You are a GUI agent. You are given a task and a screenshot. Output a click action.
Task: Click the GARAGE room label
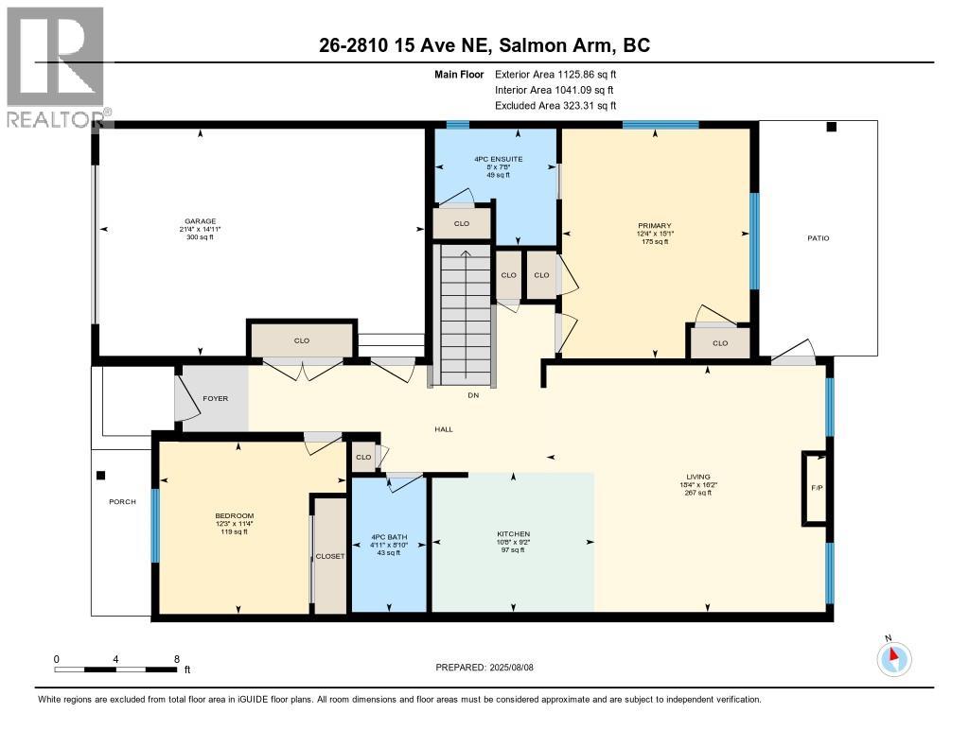tap(201, 221)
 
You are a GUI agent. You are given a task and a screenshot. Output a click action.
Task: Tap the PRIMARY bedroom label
tap(655, 225)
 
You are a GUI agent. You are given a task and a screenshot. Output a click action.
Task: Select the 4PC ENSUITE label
tap(498, 159)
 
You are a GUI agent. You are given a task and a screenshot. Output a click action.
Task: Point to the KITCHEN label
tap(514, 533)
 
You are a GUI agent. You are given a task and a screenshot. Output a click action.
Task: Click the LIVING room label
tap(698, 477)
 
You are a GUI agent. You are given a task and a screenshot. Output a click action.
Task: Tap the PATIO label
tap(819, 237)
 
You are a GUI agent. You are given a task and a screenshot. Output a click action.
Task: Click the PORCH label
tap(122, 501)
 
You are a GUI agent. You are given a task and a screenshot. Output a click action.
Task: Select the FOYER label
tap(215, 398)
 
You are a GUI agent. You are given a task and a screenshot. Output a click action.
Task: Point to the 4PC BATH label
tap(389, 537)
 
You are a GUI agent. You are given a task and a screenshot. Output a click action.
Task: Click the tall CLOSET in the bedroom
tap(330, 556)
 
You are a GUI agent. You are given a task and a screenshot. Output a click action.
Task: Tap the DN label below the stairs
tap(473, 395)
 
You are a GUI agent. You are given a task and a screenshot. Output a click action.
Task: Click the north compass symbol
tap(893, 658)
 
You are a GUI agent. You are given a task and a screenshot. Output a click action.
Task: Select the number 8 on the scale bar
tap(177, 659)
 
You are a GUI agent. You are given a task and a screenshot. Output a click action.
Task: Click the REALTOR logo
tap(56, 67)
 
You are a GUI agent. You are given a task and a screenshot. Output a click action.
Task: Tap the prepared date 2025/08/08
tap(511, 667)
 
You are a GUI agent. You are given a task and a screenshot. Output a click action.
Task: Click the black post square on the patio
tap(831, 127)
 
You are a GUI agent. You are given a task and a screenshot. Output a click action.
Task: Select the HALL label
tap(444, 429)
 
